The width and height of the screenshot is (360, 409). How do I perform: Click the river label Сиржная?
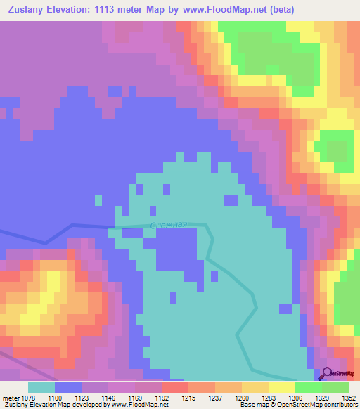[169, 225]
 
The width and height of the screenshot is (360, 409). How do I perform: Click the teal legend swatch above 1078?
[41, 387]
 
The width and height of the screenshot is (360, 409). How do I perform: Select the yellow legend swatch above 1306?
[282, 387]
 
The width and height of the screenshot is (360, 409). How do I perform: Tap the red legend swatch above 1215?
[174, 387]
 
